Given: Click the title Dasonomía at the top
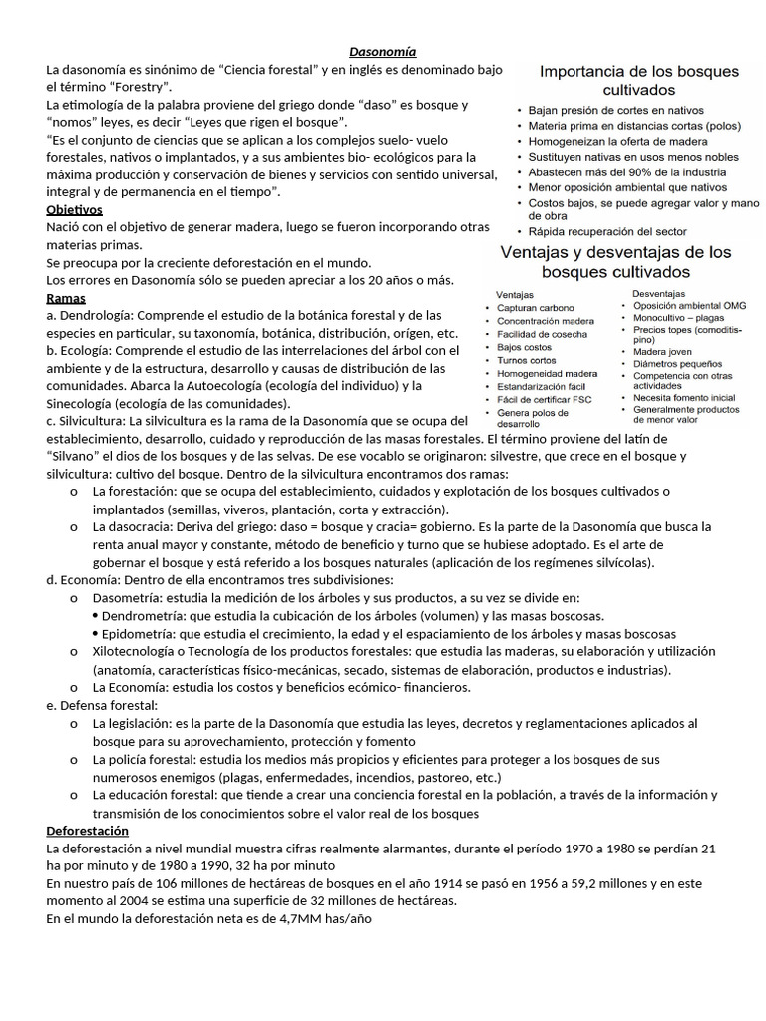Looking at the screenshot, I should tap(383, 51).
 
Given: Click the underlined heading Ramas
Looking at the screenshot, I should tap(66, 298).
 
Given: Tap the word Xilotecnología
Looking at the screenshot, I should tap(138, 651).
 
